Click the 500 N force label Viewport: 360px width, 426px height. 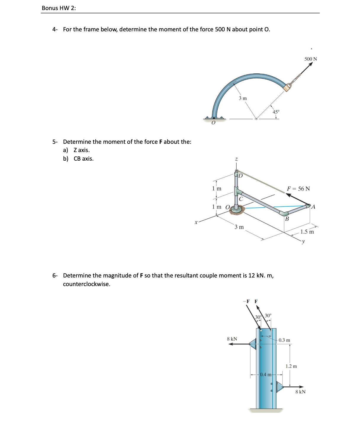[311, 59]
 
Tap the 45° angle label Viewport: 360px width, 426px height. [276, 112]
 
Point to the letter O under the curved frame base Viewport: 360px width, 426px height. [213, 123]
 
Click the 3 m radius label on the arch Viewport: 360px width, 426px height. [243, 98]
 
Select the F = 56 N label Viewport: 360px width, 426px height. [298, 189]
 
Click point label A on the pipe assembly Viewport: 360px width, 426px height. [313, 207]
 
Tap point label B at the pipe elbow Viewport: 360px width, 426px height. [287, 219]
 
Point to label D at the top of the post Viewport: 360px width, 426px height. [240, 176]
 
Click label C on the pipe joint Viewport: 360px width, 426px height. [241, 199]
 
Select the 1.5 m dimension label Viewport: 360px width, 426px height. [307, 232]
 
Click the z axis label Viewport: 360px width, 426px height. [236, 159]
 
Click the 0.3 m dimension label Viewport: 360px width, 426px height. [284, 340]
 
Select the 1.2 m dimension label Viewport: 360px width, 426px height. [291, 366]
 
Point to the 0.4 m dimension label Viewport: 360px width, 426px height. [266, 375]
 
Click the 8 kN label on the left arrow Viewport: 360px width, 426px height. [232, 339]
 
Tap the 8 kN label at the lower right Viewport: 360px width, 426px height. [300, 392]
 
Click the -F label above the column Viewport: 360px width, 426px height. [246, 301]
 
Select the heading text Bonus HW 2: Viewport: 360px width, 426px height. [59, 8]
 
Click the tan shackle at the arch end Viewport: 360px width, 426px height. [287, 87]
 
